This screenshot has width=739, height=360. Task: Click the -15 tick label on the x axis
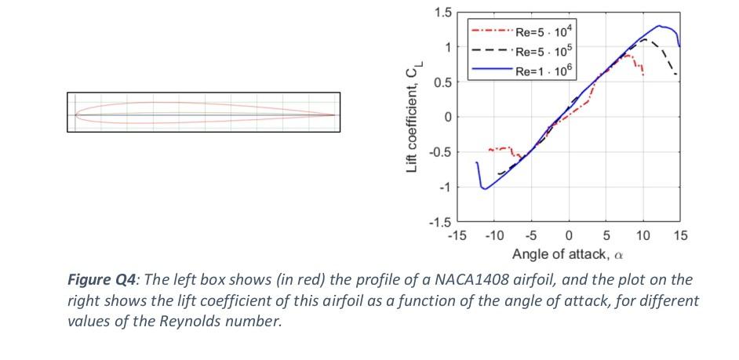point(456,236)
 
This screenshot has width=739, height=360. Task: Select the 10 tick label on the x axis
point(643,236)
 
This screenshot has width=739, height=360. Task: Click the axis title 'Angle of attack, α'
point(568,254)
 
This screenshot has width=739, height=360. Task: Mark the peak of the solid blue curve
point(660,26)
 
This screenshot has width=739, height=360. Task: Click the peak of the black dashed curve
point(644,38)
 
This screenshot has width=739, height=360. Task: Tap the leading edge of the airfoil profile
point(76,115)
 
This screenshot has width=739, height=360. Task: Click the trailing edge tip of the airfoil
point(335,115)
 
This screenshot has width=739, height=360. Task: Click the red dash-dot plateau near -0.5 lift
point(500,148)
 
